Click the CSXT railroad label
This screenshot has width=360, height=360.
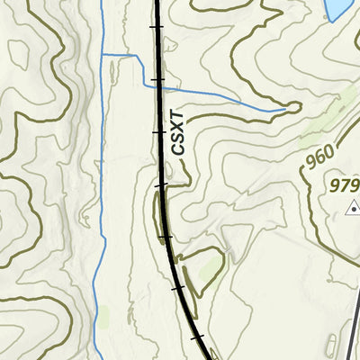[178, 132]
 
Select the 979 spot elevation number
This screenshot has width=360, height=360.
[345, 186]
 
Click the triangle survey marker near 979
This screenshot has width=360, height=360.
[353, 208]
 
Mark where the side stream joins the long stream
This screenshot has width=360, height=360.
[102, 56]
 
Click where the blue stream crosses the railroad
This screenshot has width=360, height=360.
[158, 87]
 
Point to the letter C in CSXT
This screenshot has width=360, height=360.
[178, 149]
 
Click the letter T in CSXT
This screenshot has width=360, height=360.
[178, 116]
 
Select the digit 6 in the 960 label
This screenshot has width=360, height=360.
[319, 160]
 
